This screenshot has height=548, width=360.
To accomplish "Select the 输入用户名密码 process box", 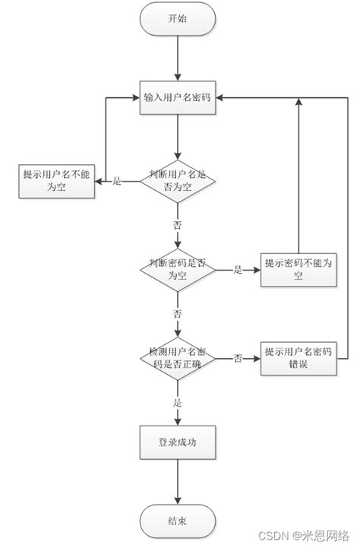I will pyautogui.click(x=177, y=97).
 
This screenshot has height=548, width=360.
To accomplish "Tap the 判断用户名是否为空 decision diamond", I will pyautogui.click(x=177, y=181).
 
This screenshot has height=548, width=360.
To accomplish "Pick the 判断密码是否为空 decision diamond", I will pyautogui.click(x=177, y=269).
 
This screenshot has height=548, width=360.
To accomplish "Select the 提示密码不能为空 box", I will pyautogui.click(x=298, y=269).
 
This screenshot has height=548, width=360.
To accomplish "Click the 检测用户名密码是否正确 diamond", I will pyautogui.click(x=177, y=357).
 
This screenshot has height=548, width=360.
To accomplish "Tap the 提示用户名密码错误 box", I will pyautogui.click(x=298, y=357).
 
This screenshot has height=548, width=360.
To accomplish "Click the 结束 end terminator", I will pyautogui.click(x=177, y=521).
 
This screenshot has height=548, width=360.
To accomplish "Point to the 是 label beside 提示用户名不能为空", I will pyautogui.click(x=116, y=182).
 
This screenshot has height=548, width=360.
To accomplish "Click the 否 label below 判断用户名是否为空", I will pyautogui.click(x=177, y=226).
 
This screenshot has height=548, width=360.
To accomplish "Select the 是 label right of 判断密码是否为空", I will pyautogui.click(x=237, y=270).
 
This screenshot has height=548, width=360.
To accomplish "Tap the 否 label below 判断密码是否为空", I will pyautogui.click(x=177, y=314).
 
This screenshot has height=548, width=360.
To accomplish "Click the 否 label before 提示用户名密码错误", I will pyautogui.click(x=238, y=358).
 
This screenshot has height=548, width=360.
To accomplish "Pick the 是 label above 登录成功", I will pyautogui.click(x=177, y=402).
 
